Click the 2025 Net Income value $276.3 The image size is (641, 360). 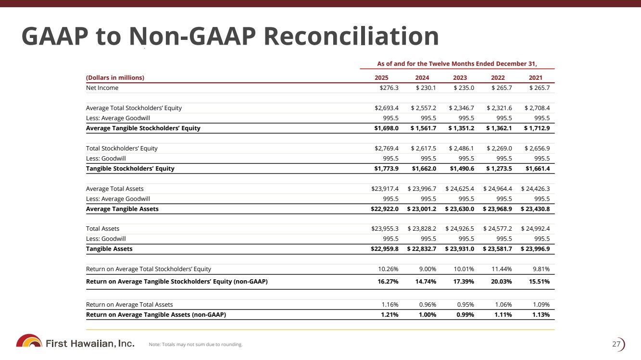(x=389, y=88)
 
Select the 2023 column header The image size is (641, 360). (x=460, y=78)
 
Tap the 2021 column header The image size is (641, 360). (x=535, y=78)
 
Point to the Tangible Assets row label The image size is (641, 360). (x=109, y=249)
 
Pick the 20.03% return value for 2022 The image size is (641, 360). (x=501, y=282)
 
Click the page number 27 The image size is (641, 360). (x=616, y=344)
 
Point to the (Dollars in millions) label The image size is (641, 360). (x=115, y=78)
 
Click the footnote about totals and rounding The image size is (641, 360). (x=196, y=344)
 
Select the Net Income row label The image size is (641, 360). (x=102, y=88)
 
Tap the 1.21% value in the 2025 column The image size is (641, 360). (x=388, y=315)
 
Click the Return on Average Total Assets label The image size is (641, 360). (x=129, y=305)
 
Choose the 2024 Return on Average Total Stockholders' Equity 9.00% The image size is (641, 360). (x=427, y=269)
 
